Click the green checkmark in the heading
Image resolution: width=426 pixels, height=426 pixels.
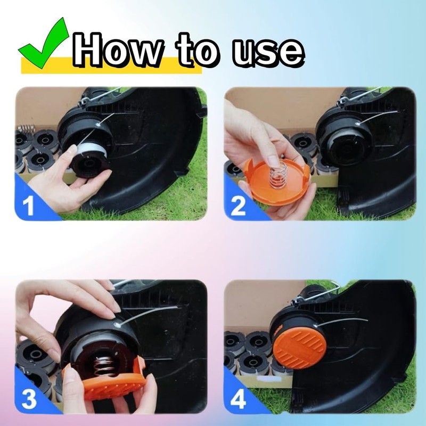coord(44,44)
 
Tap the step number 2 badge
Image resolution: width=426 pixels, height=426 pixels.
coord(237,204)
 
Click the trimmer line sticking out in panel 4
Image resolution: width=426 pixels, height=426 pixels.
coord(346,320)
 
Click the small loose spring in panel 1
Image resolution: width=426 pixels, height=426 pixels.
coord(24,128)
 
